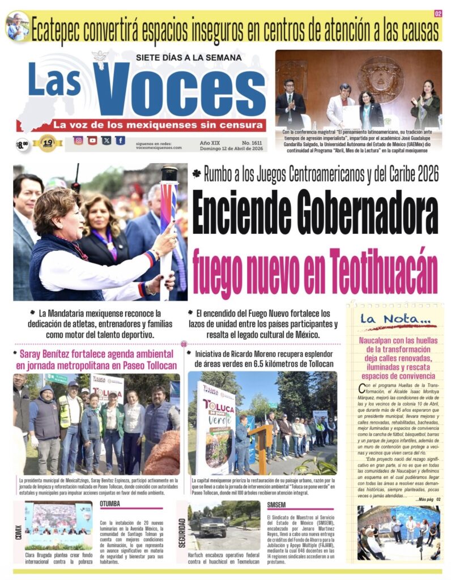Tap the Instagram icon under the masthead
tap(79, 140)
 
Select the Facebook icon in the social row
tap(120, 140)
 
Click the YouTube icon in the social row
tap(92, 140)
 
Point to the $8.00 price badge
tap(22, 145)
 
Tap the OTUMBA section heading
tap(110, 504)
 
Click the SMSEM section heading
tap(277, 504)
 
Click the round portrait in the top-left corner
tap(17, 26)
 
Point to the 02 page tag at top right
tap(438, 14)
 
